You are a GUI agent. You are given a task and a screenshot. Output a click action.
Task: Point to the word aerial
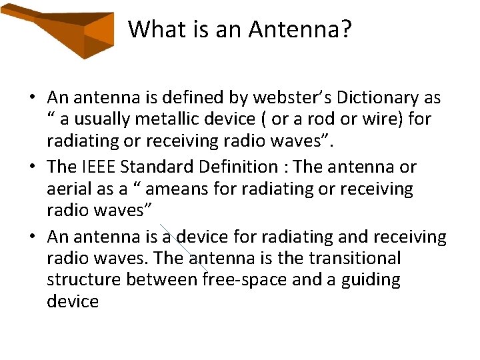(69, 189)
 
